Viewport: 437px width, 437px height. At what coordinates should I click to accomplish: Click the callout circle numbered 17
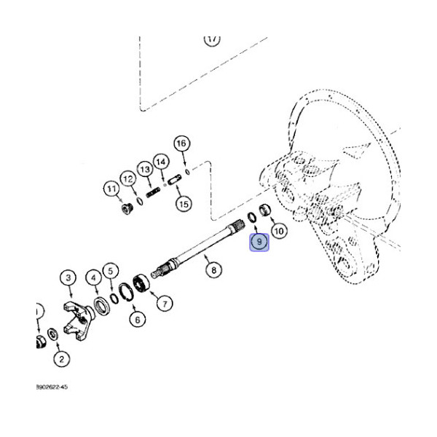211,39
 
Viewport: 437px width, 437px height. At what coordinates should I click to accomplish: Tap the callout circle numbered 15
183,205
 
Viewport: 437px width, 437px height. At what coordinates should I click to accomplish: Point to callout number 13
145,169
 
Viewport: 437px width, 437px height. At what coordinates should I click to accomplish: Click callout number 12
127,178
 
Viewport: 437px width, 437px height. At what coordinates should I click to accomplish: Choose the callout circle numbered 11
111,189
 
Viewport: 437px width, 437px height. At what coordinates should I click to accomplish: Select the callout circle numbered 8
213,271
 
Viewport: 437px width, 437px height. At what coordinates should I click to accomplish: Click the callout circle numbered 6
135,318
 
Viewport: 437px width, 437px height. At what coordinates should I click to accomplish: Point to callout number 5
110,271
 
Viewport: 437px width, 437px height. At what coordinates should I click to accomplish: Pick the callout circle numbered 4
93,277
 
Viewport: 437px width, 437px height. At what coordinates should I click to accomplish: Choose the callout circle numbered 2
61,358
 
